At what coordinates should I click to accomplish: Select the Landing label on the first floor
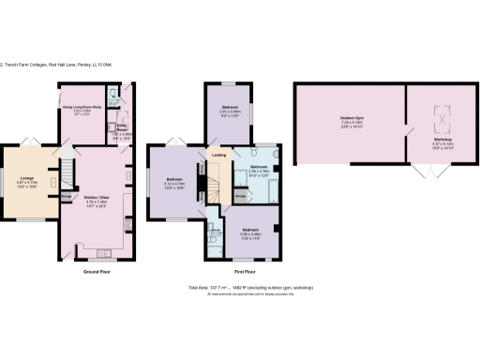click(x=218, y=155)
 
